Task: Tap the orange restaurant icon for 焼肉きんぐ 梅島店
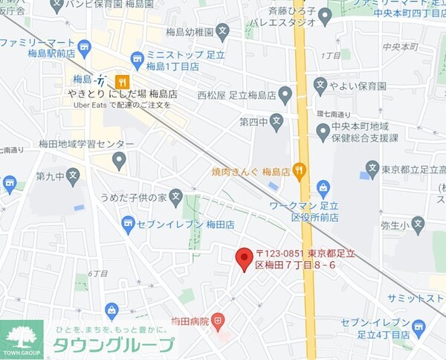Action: tap(299, 170)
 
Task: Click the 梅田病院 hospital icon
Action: tap(218, 321)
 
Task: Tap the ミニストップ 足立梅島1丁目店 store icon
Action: tap(137, 59)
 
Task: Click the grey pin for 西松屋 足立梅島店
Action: tap(285, 95)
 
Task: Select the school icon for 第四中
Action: tap(277, 121)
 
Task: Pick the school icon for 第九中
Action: tap(72, 176)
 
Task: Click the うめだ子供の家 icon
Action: tap(175, 198)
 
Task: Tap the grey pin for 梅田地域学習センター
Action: tap(119, 159)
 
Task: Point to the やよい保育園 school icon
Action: tap(320, 85)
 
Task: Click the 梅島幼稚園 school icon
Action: tap(248, 31)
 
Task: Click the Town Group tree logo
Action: tap(22, 338)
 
